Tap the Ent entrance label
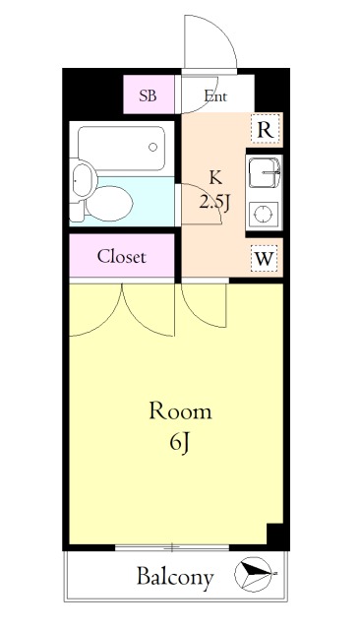tap(215, 96)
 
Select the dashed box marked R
tap(265, 129)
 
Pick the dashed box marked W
tap(264, 258)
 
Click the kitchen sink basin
tap(264, 173)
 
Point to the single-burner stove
tap(264, 214)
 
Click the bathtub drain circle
tap(152, 147)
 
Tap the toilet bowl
tap(109, 204)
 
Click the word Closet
tap(122, 257)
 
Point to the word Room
tap(180, 411)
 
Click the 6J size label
tap(179, 444)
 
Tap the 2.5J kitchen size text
tap(214, 204)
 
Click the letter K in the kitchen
tap(215, 177)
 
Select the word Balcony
tap(174, 578)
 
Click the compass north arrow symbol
tap(253, 574)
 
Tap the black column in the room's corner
tap(275, 534)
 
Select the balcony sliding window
tap(172, 547)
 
